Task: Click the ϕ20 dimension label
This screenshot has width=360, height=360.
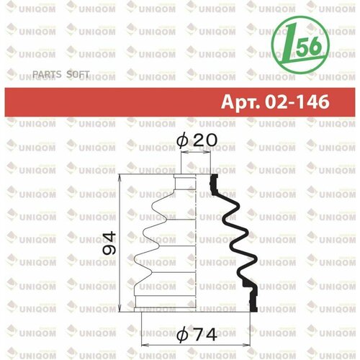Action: (x=197, y=140)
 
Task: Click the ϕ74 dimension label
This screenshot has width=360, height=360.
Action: (x=197, y=335)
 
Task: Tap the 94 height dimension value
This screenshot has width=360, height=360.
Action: (x=109, y=243)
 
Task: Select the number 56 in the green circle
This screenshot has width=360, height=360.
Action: (x=309, y=46)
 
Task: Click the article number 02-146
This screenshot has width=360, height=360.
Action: (x=297, y=102)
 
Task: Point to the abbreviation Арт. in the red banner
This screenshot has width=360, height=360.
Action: (x=240, y=102)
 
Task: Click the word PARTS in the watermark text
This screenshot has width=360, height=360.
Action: (x=47, y=74)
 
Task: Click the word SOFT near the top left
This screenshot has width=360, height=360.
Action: (x=78, y=74)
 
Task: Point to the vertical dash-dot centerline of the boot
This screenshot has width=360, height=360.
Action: (x=196, y=243)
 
